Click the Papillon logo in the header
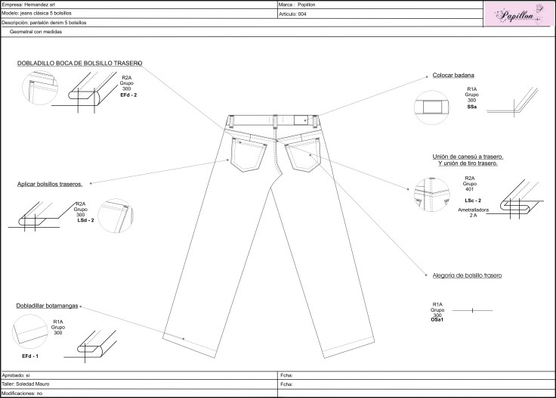tap(519, 14)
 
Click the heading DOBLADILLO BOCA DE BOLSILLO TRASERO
tap(80, 64)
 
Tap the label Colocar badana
tap(453, 75)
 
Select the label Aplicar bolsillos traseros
tap(50, 184)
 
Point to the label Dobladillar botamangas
tap(47, 306)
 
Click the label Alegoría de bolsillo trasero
tap(467, 275)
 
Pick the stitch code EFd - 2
tap(128, 95)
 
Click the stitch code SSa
tap(471, 107)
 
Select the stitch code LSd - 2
tap(85, 220)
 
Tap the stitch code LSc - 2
tap(473, 201)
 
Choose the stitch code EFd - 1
tap(30, 356)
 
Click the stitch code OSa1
tap(437, 319)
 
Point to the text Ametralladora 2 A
tap(473, 213)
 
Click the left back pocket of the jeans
tap(248, 155)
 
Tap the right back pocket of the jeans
tap(303, 155)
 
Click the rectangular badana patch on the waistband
tap(301, 120)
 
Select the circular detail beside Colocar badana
tap(431, 107)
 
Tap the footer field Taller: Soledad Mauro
tap(26, 384)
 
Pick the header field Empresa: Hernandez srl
tap(29, 5)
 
